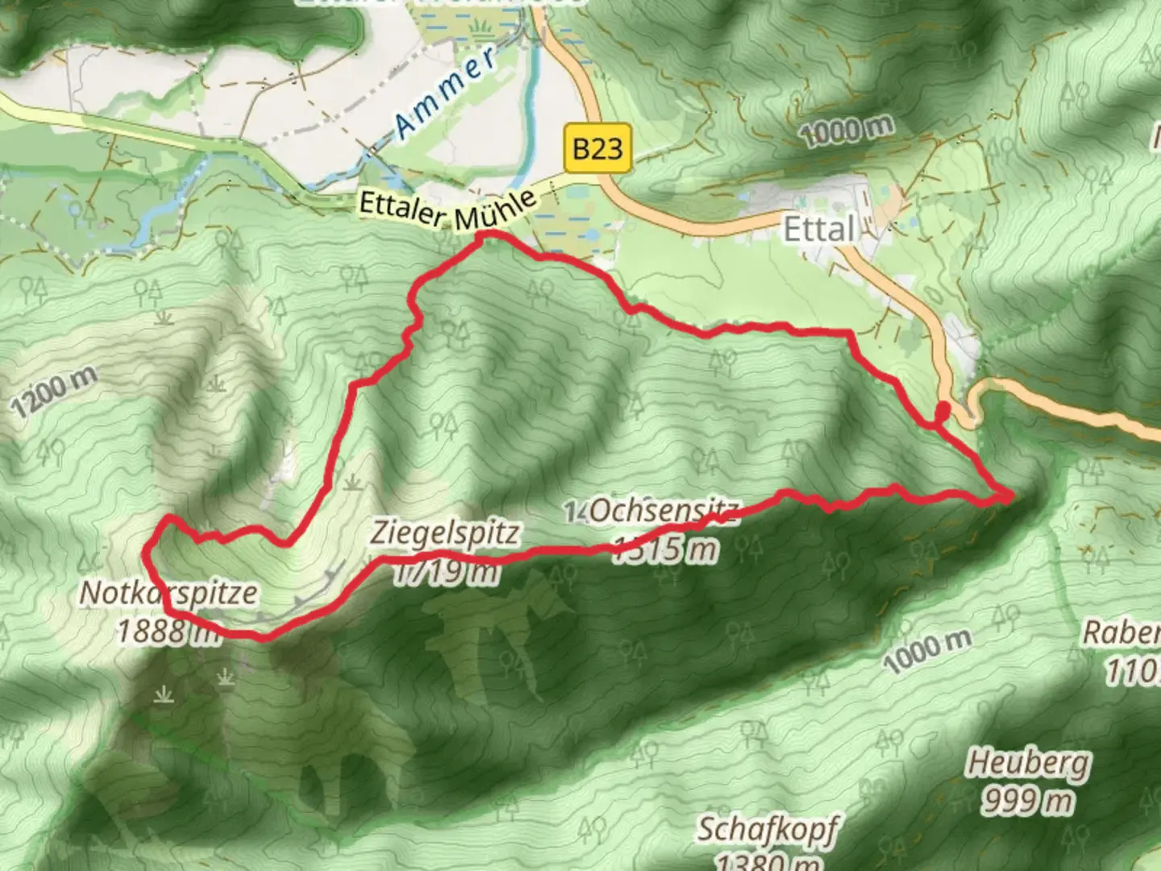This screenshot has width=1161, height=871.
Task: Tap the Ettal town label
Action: click(818, 230)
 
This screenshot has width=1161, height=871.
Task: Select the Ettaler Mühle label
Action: click(447, 211)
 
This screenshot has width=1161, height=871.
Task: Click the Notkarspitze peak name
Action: click(169, 594)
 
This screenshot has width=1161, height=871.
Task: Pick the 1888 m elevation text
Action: click(169, 631)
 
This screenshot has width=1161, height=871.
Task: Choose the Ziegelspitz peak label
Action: click(445, 533)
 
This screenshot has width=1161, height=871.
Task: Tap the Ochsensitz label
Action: click(663, 511)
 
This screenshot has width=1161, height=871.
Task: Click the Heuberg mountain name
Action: click(1028, 762)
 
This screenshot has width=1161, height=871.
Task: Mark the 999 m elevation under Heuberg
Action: click(1028, 801)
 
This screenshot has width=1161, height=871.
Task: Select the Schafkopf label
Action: click(767, 829)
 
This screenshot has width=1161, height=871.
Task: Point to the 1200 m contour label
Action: click(54, 391)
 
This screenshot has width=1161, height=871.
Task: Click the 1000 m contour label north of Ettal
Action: click(847, 130)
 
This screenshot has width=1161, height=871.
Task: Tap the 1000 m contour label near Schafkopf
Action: click(927, 651)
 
